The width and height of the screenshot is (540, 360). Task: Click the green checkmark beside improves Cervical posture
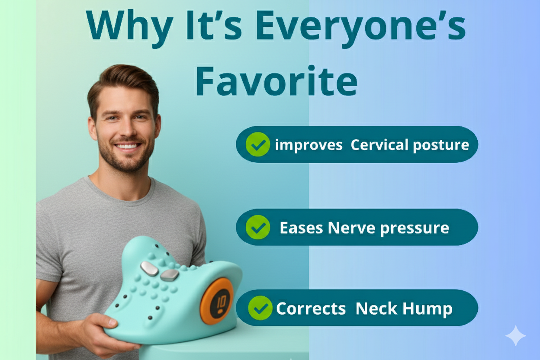point(258,145)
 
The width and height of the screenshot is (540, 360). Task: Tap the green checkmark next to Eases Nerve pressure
point(258,227)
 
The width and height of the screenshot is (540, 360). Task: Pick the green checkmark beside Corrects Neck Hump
point(260,308)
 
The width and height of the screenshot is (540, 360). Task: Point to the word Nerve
point(351,228)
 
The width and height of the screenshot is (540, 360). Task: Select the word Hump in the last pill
point(427,309)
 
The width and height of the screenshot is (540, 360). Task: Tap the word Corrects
point(311,309)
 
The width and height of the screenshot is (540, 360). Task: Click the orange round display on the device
point(216,302)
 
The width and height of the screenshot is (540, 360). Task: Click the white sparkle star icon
point(515,335)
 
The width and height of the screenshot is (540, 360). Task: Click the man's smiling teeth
point(127,146)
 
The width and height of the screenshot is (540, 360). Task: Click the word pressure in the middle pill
point(415,228)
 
